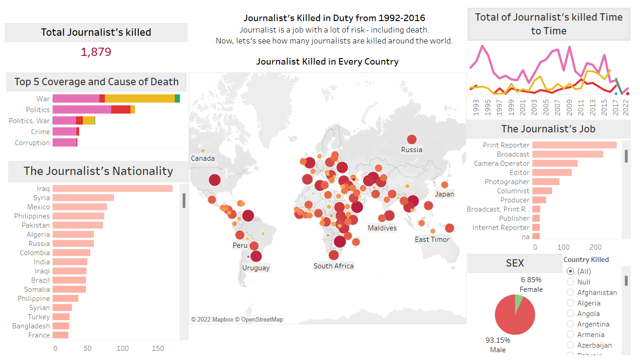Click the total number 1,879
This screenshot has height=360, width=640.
(96, 52)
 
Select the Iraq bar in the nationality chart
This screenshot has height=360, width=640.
(112, 189)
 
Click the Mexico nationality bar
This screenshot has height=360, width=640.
(80, 207)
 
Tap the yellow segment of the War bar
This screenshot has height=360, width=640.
(140, 98)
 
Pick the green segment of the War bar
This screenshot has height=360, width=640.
(177, 98)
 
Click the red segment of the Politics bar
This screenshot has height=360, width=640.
(121, 109)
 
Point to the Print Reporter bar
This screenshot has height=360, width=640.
(574, 145)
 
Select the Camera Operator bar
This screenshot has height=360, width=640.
(555, 164)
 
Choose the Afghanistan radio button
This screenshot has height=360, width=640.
(570, 292)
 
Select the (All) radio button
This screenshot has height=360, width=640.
(570, 271)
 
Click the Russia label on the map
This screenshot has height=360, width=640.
(412, 150)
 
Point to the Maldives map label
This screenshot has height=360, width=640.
(382, 228)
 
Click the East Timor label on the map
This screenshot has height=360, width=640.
(432, 240)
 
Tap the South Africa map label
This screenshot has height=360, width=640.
(333, 266)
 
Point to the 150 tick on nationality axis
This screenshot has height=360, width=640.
(158, 349)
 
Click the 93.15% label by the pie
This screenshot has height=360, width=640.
(498, 340)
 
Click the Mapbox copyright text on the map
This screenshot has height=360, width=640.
(237, 319)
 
